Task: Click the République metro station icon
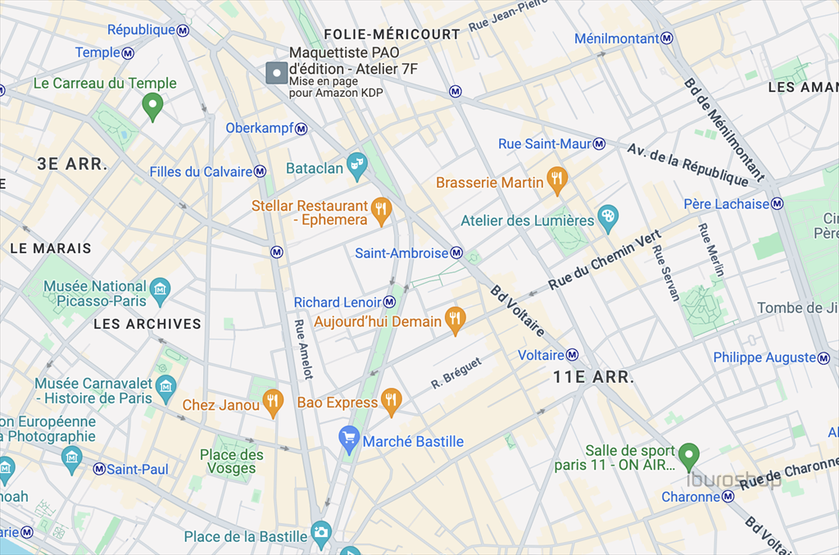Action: click(184, 30)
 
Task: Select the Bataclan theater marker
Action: click(356, 166)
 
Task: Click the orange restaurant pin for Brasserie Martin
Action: click(557, 180)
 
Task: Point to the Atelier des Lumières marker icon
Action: click(607, 218)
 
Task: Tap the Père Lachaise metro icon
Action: click(777, 204)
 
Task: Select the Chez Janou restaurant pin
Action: click(273, 402)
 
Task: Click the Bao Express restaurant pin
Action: click(392, 401)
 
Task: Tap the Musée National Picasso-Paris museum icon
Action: click(160, 289)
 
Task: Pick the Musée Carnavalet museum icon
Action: click(166, 386)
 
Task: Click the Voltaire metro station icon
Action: click(572, 355)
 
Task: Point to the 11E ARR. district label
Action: click(593, 378)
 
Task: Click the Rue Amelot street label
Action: click(303, 348)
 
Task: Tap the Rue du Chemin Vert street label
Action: click(605, 260)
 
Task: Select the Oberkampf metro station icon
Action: click(302, 129)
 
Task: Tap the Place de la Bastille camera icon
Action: click(320, 533)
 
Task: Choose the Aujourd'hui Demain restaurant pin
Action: click(455, 319)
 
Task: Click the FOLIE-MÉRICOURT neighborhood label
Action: click(392, 34)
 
